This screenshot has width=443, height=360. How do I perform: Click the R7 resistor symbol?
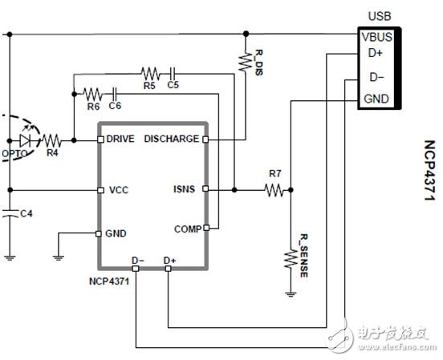[x=275, y=190]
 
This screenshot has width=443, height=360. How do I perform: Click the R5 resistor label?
[x=148, y=83]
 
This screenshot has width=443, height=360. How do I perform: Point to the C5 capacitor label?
[x=173, y=83]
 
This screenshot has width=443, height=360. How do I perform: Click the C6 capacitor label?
[x=115, y=104]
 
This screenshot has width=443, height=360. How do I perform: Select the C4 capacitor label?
[x=26, y=213]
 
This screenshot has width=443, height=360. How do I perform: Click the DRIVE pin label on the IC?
[x=120, y=139]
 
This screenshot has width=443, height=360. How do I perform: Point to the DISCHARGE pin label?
[x=171, y=139]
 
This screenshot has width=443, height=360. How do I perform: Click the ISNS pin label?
[x=185, y=190]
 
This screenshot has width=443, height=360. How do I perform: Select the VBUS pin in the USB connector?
[x=377, y=36]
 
